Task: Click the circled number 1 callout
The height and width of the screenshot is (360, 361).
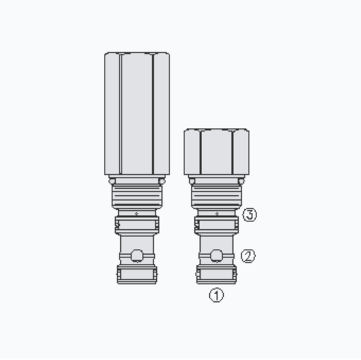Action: click(x=216, y=296)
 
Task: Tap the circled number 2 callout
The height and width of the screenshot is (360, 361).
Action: click(x=248, y=256)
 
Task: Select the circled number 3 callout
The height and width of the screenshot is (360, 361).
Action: click(x=249, y=215)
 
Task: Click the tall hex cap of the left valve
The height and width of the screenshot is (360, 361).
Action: click(x=136, y=113)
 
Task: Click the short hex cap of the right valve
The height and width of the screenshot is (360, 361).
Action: click(x=216, y=152)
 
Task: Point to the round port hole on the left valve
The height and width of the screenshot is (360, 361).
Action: click(x=137, y=255)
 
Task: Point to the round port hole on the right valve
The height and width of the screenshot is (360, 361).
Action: click(x=216, y=255)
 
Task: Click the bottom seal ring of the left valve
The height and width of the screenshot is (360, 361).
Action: click(x=137, y=275)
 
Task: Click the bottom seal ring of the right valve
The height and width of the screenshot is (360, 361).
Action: click(x=216, y=275)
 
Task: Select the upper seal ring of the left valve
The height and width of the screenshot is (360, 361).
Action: click(x=137, y=226)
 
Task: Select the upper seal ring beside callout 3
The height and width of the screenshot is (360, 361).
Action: click(x=216, y=226)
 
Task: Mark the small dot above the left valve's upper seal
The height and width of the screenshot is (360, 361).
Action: click(x=137, y=213)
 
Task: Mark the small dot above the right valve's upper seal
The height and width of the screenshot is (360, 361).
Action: click(x=216, y=213)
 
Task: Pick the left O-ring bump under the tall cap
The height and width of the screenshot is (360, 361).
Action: click(x=112, y=180)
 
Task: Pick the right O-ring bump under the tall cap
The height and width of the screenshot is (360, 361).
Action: click(x=162, y=180)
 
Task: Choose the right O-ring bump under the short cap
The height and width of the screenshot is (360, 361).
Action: click(x=242, y=180)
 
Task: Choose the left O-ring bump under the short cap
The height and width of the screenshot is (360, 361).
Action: click(x=191, y=180)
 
